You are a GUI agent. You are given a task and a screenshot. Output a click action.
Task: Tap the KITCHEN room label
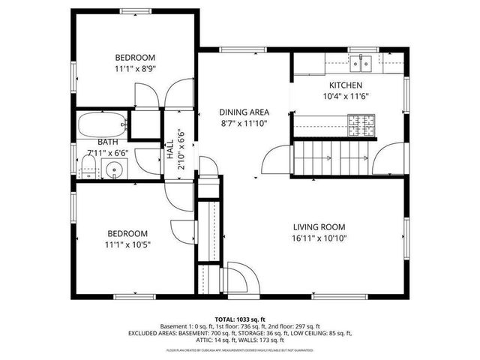(346, 85)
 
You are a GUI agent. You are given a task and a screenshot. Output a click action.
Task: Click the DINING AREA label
(244, 111)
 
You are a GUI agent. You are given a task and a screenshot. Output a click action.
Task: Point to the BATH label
(107, 142)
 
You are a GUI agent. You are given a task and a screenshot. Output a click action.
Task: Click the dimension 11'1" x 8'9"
(134, 69)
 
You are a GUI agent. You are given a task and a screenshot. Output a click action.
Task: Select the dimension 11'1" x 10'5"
(127, 244)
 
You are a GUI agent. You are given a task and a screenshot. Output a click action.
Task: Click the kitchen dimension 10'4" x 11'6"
(346, 97)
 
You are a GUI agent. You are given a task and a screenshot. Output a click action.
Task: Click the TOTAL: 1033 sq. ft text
(240, 319)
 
